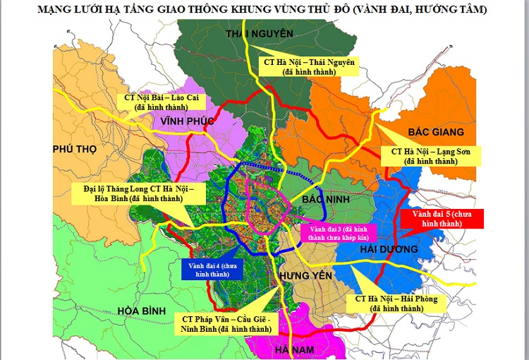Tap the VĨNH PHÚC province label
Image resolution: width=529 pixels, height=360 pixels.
coord(187,121)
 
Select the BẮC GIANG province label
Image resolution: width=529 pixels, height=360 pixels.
coord(436,132)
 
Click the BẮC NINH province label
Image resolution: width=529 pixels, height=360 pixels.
coord(323,200)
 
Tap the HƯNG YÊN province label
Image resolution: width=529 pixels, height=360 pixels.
coord(305,274)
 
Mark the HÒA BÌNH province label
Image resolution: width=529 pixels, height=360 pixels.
coord(141,311)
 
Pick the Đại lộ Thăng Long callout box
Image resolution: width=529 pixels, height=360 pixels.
coord(133,193)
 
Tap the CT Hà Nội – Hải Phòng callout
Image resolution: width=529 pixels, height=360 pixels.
coord(396,304)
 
